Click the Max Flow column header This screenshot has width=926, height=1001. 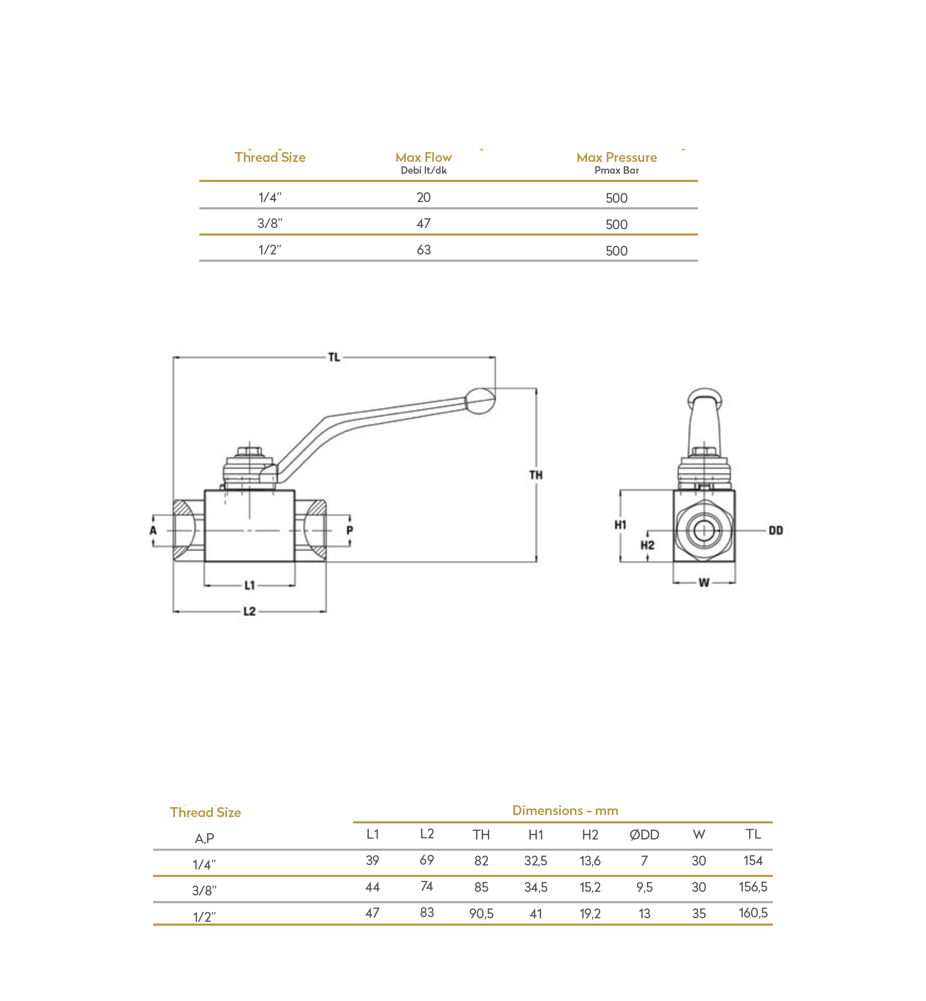tap(424, 157)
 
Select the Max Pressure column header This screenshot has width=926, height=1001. tap(616, 157)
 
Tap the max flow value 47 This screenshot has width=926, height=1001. tap(424, 223)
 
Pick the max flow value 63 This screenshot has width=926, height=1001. tap(424, 249)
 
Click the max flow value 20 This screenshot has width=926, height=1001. tap(424, 197)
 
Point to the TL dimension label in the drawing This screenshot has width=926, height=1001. tap(334, 357)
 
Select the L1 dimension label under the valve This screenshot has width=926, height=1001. tap(249, 585)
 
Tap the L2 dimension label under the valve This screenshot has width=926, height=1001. tap(249, 611)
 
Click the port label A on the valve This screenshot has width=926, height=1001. tap(153, 530)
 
